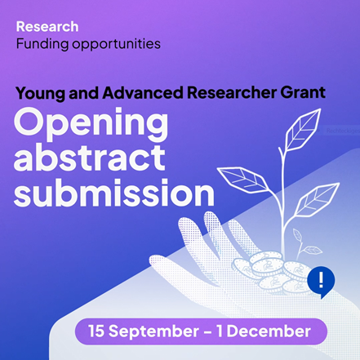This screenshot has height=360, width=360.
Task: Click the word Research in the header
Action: tap(47, 27)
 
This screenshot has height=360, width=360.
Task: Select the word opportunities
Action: tap(116, 45)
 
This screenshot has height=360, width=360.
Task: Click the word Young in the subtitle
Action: tap(41, 93)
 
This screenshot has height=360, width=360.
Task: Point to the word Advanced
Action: tap(143, 92)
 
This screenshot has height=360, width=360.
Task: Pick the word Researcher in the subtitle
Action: tap(232, 92)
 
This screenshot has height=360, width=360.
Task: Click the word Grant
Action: tap(303, 92)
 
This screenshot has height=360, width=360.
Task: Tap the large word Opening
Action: tap(91, 124)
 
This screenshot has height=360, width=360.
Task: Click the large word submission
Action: tap(114, 192)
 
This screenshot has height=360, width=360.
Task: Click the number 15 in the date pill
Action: tap(96, 331)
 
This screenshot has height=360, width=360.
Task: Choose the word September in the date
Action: tap(153, 331)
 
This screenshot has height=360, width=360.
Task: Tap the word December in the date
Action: tap(269, 331)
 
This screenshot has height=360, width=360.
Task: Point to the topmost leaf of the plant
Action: tap(302, 130)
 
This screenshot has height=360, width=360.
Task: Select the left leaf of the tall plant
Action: tap(244, 180)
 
